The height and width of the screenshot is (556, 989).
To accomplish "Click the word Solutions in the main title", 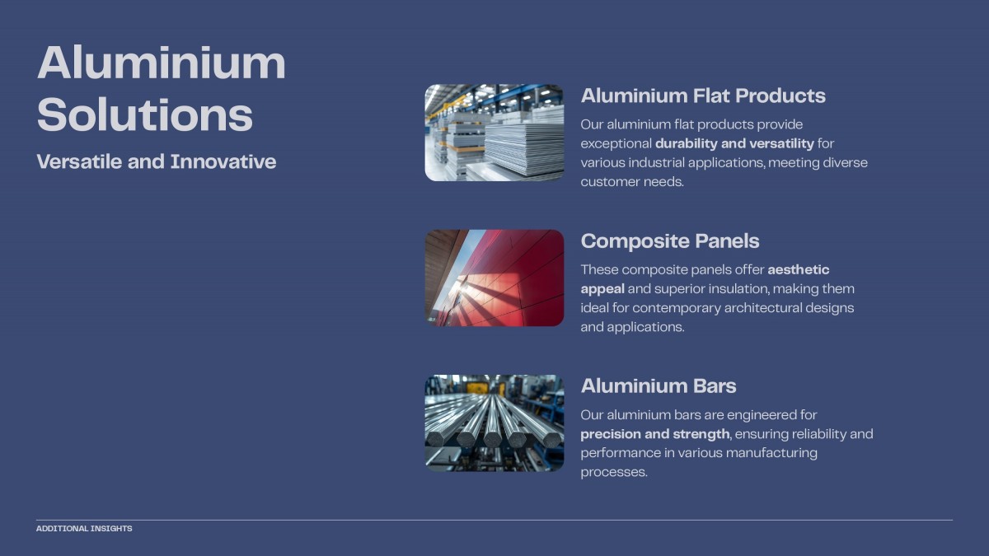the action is point(145,114).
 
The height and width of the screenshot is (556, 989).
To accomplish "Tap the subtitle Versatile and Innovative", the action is point(157,161).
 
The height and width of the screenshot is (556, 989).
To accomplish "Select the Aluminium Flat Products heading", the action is point(703,96).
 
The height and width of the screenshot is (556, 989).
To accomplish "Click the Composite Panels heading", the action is point(670,241).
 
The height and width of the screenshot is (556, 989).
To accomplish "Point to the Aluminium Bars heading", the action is point(659,386).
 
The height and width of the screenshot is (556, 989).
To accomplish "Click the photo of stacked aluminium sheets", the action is point(494,133).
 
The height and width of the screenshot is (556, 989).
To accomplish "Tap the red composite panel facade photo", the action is point(494,278).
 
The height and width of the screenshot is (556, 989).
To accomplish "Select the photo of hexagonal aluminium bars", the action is point(494,423).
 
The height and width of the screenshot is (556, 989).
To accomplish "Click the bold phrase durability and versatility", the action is point(734,144).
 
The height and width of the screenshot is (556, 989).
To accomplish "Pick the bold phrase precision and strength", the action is point(654,434).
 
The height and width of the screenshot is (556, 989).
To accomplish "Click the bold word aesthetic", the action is point(799,269).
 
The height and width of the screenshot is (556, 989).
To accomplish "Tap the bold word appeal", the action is point(602,289).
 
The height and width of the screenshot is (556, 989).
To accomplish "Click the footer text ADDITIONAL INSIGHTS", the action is point(84,529).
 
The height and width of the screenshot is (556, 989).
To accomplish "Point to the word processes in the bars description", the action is point(614,473).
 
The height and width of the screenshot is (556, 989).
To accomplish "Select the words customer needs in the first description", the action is point(632,182).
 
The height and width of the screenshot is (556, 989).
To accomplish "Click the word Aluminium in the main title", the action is point(162,63).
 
